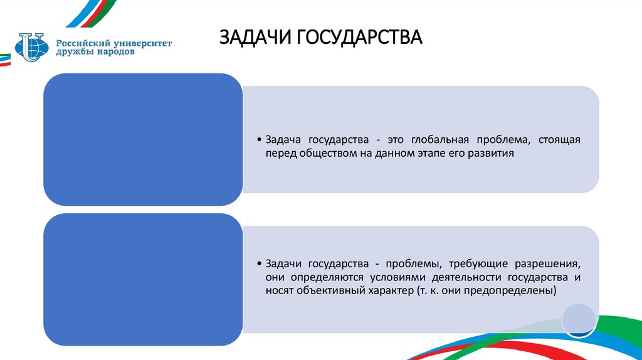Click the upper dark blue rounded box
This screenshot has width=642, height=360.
142,139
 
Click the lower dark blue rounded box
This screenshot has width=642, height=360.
142,279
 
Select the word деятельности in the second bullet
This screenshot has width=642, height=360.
471,277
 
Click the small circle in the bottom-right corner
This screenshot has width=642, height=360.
577,319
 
